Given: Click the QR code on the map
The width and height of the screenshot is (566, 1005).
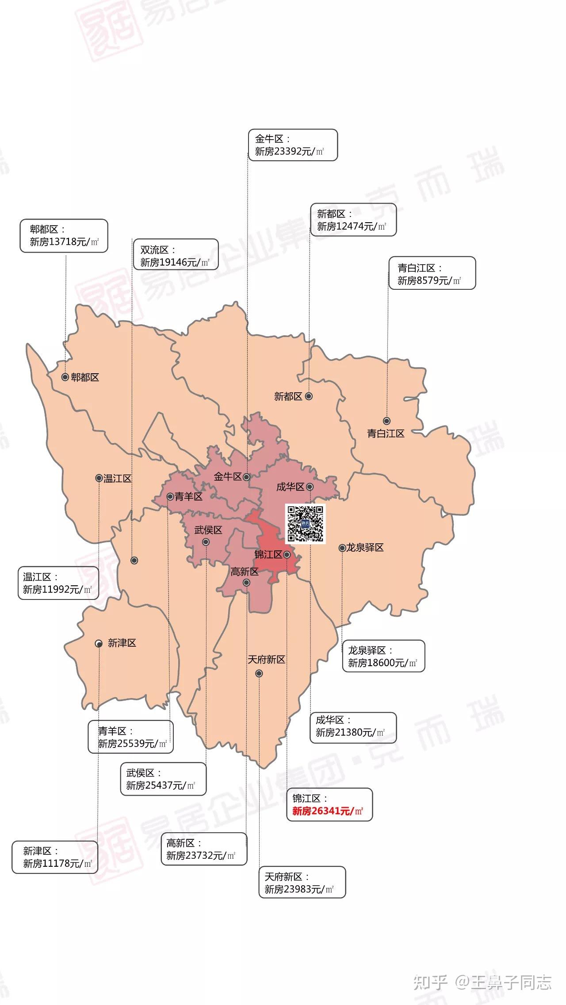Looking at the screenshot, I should click(x=306, y=523).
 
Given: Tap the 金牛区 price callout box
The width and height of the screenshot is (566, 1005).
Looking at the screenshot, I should click(x=292, y=145).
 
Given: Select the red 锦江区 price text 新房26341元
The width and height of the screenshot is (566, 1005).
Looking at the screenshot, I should click(x=327, y=811).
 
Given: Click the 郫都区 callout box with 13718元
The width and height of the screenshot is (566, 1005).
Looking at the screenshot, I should click(x=64, y=235).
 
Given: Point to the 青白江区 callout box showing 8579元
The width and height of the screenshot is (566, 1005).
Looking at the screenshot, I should click(x=432, y=273).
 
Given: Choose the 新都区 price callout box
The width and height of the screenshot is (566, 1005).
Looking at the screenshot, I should click(x=353, y=220).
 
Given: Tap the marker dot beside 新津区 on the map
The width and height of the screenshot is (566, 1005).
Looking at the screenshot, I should click(x=99, y=644).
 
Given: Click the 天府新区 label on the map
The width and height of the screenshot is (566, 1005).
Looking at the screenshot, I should click(x=266, y=660).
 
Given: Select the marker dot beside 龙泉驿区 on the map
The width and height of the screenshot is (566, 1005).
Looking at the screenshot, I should click(x=342, y=548).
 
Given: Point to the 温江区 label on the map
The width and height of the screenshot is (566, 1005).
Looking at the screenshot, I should click(x=118, y=478).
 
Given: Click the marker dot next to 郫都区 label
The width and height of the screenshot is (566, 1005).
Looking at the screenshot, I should click(x=65, y=377).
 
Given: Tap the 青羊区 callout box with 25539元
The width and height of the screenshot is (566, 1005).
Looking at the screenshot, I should click(x=130, y=737).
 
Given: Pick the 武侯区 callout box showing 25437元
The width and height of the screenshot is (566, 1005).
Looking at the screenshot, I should click(x=163, y=779).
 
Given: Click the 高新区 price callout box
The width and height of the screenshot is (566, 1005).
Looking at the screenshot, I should click(x=204, y=849).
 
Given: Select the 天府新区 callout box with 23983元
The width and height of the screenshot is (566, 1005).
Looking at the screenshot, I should click(x=302, y=882).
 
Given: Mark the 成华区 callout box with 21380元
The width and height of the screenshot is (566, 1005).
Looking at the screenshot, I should click(x=353, y=726).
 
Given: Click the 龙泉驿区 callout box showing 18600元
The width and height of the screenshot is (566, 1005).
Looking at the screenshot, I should click(x=383, y=656).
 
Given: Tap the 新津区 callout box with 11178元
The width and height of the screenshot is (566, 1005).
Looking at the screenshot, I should click(x=55, y=857).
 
